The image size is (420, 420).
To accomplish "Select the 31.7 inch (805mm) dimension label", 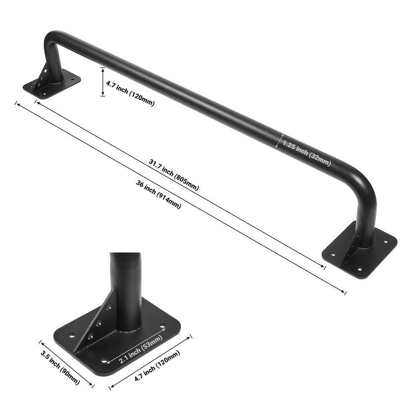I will point(173,174).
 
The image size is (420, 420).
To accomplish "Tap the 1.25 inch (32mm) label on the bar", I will point(307,154).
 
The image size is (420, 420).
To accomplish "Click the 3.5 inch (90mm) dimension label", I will point(60,367).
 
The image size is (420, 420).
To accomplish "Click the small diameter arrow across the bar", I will point(278,141).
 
